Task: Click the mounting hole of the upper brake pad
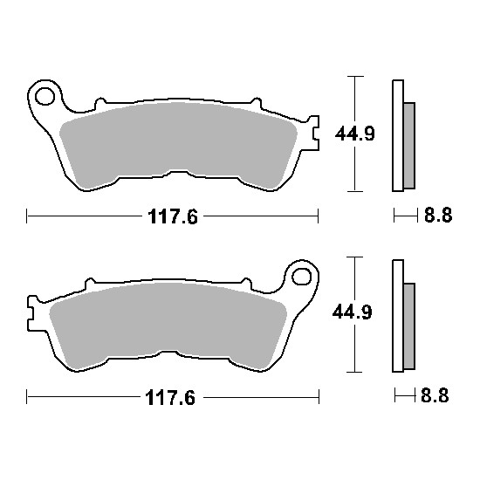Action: tap(45, 96)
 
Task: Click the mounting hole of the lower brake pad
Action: tap(302, 277)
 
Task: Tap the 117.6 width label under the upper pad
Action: tap(173, 216)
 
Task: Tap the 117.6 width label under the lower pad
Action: tap(170, 398)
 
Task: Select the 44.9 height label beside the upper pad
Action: tap(355, 134)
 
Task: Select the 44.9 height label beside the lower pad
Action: tap(353, 312)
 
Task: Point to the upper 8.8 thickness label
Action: tap(438, 216)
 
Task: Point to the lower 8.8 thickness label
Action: tap(435, 395)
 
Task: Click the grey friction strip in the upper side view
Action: tap(409, 146)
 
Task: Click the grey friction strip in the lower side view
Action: tap(409, 326)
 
